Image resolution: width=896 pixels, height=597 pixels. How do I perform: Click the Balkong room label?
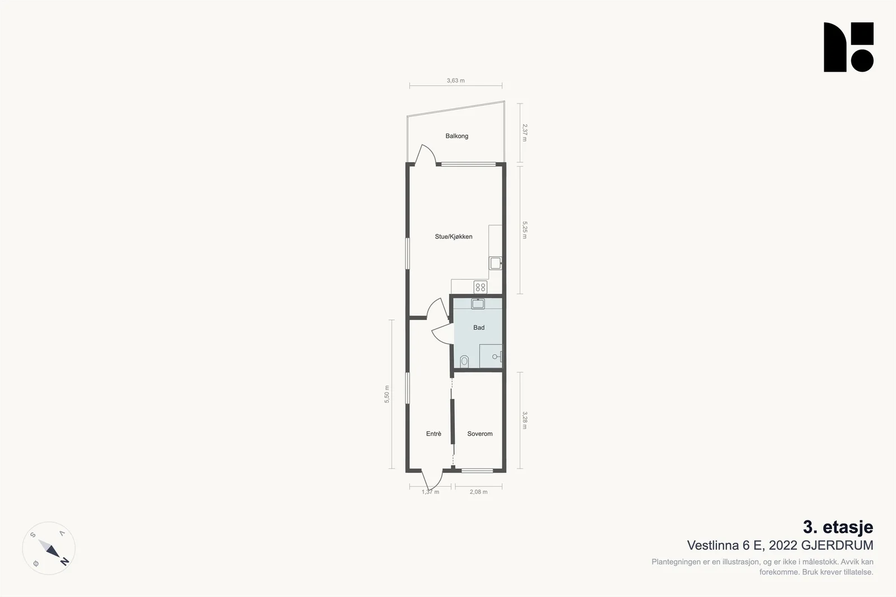coord(457,136)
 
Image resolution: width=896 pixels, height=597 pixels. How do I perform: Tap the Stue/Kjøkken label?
coord(454,237)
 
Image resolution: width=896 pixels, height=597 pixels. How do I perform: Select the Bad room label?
coord(479,328)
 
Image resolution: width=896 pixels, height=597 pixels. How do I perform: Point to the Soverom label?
coord(479,434)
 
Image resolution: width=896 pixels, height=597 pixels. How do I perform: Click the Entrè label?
coord(433,434)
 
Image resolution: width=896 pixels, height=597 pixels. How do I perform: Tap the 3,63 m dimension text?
coord(456,81)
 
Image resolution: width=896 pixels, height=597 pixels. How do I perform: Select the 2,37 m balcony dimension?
coord(525,133)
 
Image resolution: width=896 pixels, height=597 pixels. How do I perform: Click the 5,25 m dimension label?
coord(525,230)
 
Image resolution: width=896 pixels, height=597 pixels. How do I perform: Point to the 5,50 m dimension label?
coord(387,394)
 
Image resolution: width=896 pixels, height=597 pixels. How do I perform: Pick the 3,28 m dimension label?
coord(525,420)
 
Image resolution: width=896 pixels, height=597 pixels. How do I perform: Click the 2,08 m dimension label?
coord(478,492)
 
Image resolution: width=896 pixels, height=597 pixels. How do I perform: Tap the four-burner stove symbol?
coord(480,287)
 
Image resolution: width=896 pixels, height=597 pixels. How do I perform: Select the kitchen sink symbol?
coord(495,264)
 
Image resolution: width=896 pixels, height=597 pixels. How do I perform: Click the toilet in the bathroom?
coord(464,361)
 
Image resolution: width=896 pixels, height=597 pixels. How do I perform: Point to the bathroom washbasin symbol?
coord(478,304)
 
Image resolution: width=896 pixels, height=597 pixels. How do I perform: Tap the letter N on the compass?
coord(64,561)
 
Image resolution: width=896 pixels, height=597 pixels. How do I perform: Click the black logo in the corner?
coord(848,47)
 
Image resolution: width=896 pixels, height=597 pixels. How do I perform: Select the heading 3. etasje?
coord(838,527)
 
